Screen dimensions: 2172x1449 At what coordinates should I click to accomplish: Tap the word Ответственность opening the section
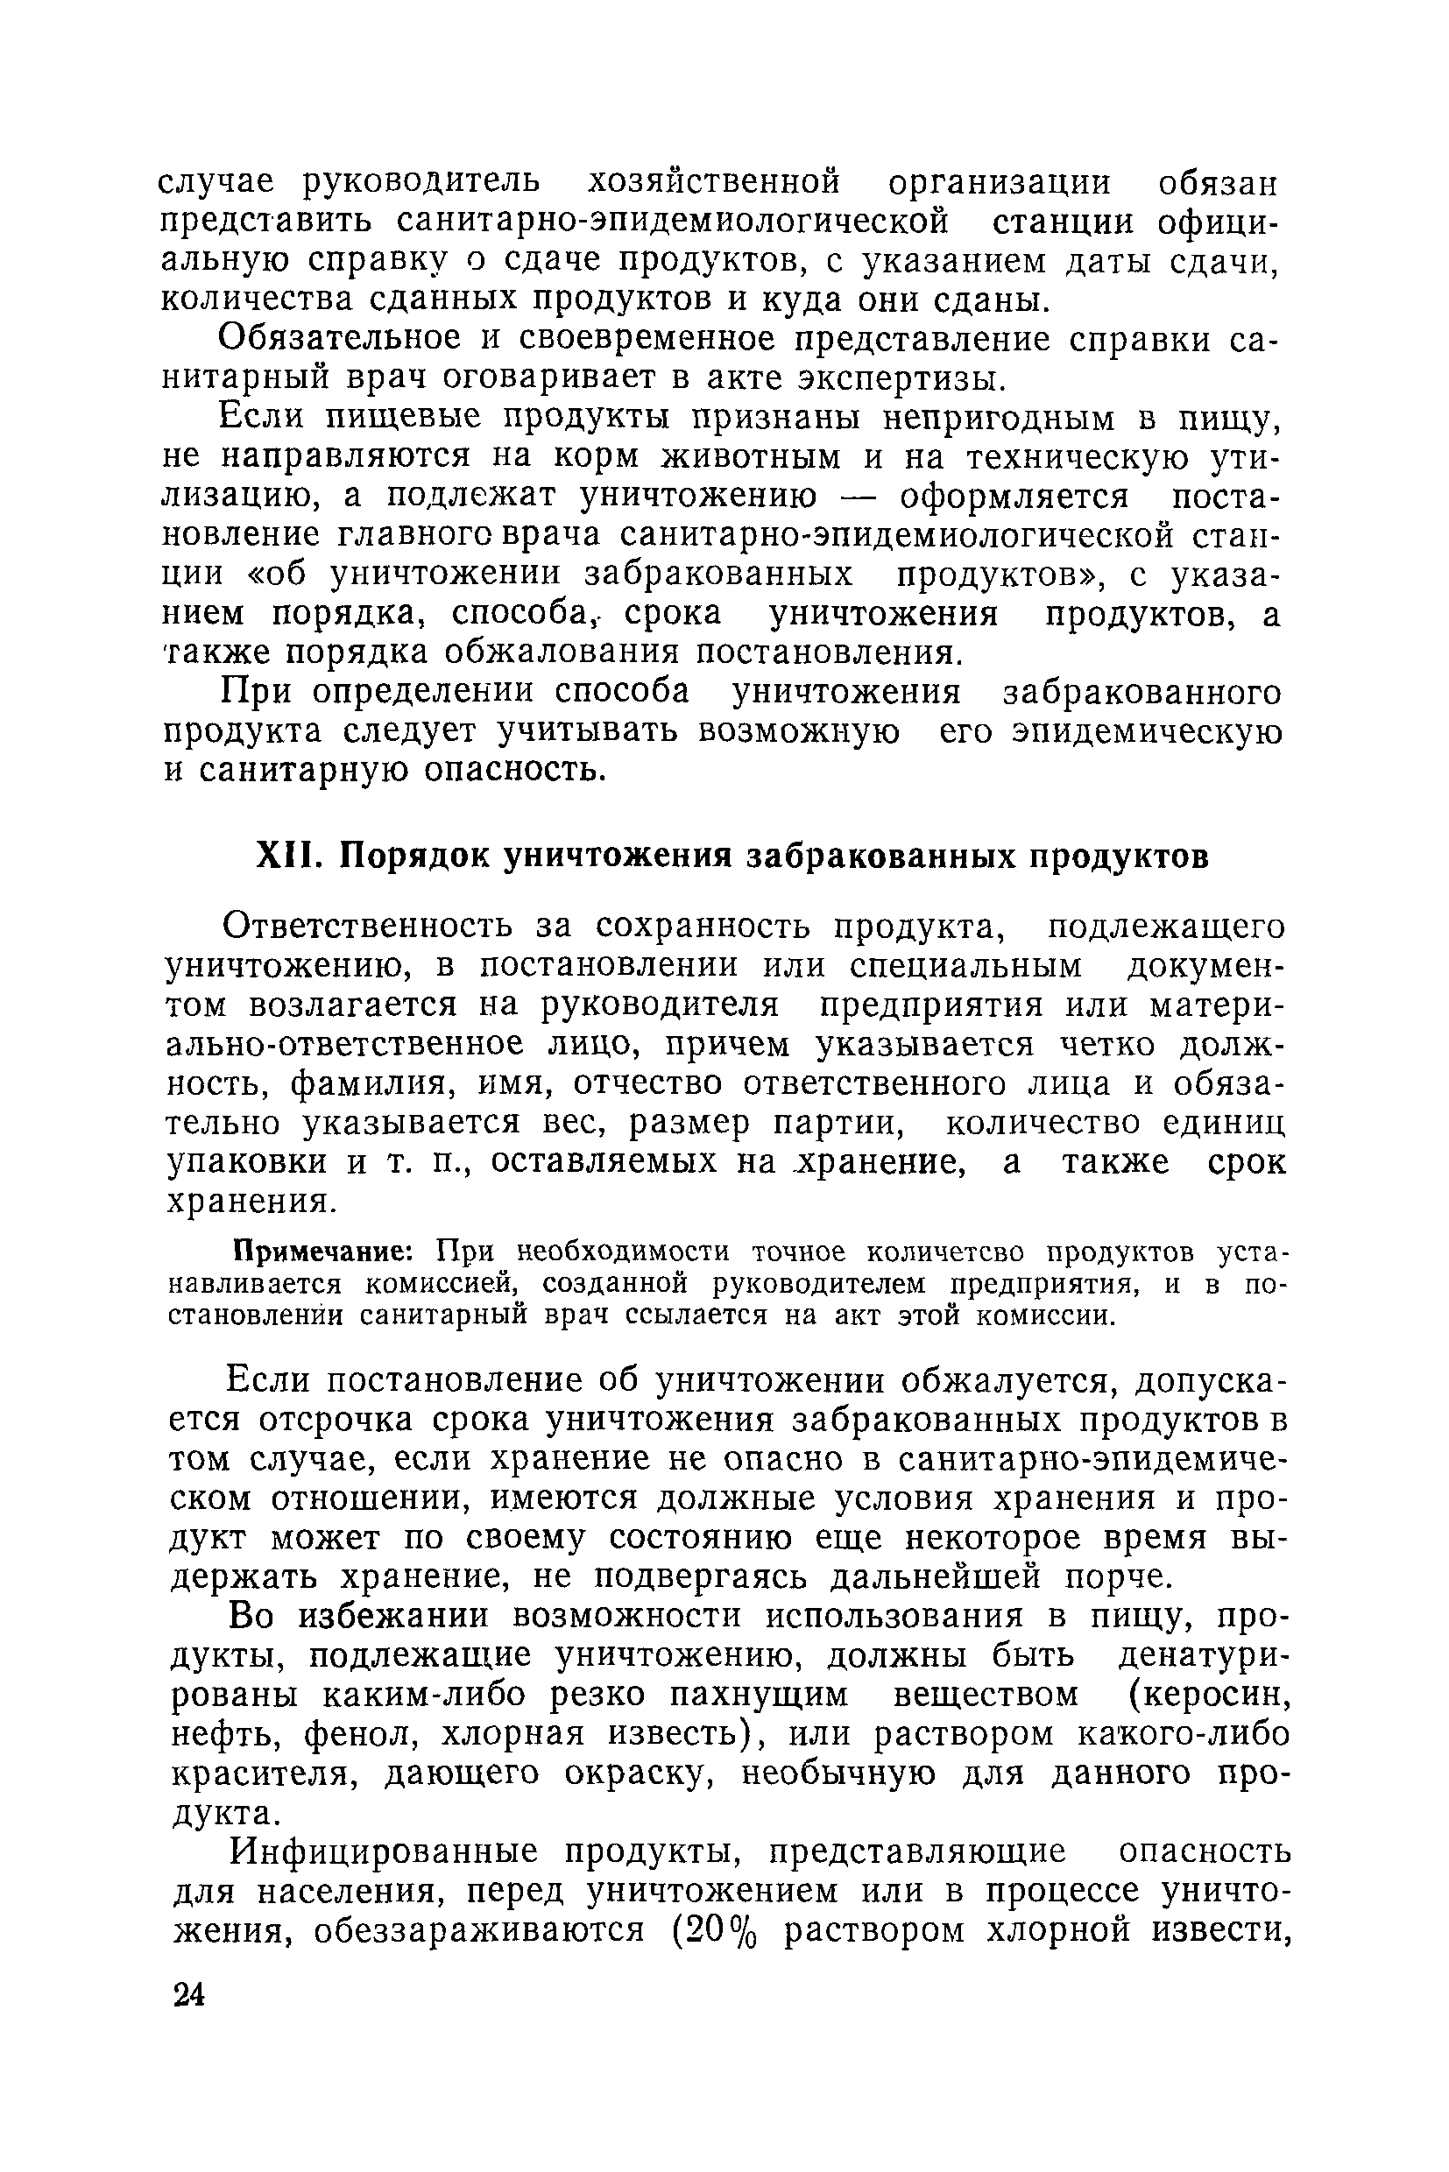click(372, 926)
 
